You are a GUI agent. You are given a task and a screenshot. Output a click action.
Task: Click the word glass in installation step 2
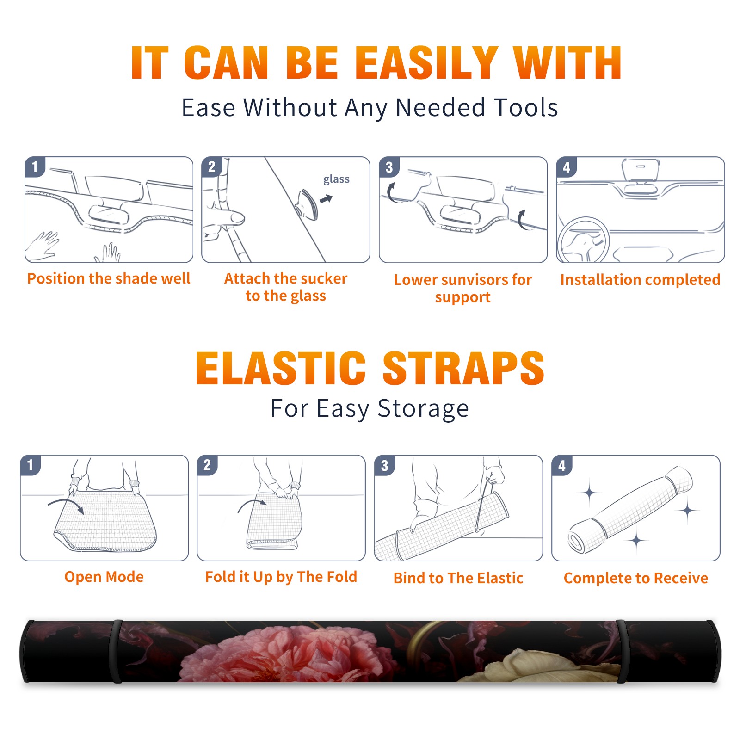[336, 179]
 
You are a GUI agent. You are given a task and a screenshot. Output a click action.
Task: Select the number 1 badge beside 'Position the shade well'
[35, 166]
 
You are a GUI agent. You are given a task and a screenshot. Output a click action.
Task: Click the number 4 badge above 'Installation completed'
[567, 166]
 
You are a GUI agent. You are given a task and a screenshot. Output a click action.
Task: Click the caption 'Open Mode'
[104, 577]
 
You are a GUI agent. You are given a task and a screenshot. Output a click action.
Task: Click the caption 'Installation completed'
[640, 280]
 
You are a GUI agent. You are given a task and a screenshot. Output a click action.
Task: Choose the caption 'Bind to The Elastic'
[458, 578]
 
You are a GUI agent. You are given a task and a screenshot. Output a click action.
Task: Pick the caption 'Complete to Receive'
[636, 578]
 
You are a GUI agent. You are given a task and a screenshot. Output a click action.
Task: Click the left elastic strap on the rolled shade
[117, 651]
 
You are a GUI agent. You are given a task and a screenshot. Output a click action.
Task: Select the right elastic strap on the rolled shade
[622, 651]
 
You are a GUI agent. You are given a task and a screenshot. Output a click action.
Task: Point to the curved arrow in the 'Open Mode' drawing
[65, 501]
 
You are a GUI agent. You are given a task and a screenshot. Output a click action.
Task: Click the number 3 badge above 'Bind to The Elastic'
[385, 465]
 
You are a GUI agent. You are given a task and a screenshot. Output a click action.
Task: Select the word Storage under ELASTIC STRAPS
[423, 409]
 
